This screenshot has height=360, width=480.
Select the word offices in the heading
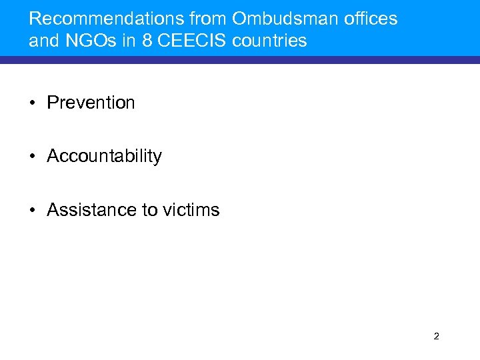point(373,19)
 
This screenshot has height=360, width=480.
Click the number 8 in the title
point(144,41)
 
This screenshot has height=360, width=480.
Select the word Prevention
point(91,103)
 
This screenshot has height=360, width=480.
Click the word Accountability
point(104,156)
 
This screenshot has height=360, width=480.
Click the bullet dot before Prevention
point(33,103)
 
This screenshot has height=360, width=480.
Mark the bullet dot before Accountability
point(33,157)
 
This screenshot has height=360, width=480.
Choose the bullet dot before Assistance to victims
point(33,211)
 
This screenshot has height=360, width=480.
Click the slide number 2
point(436,336)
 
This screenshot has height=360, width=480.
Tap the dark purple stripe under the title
point(240,60)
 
